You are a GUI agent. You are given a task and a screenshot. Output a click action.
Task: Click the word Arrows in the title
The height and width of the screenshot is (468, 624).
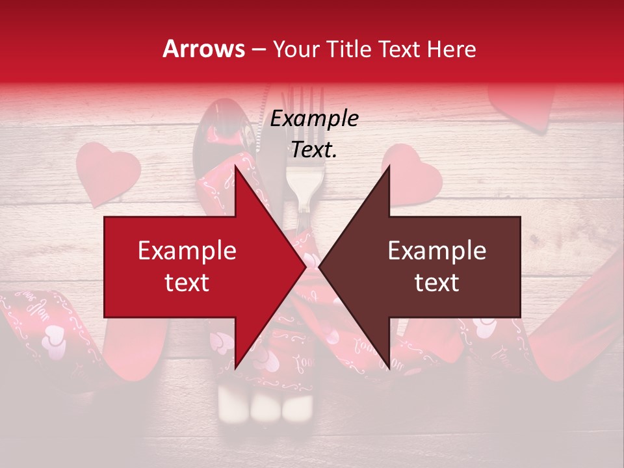[x=203, y=49]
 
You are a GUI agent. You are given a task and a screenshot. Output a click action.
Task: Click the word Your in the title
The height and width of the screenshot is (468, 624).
[x=294, y=49]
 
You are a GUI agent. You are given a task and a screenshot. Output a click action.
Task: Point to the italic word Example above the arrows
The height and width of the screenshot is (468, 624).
[x=314, y=119]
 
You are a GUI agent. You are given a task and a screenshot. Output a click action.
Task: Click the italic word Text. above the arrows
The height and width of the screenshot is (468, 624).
[x=314, y=150]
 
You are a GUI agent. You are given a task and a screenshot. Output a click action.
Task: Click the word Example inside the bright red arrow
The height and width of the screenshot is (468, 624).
[x=187, y=251]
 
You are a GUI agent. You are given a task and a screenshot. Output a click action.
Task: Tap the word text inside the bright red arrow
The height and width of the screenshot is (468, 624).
[x=187, y=283]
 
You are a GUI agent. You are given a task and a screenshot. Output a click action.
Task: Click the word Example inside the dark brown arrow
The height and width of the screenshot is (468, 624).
[x=437, y=251]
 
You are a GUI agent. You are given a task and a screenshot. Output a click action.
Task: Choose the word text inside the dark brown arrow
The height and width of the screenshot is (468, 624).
[x=437, y=283]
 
